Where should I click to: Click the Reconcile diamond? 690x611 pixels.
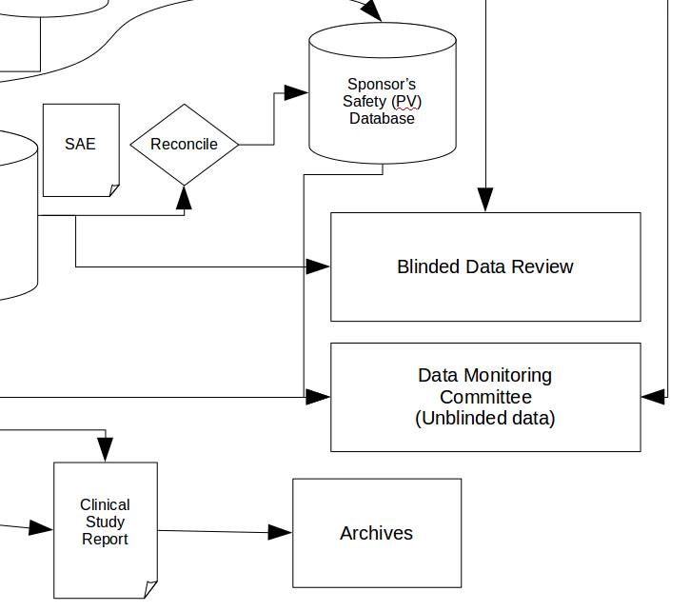click(184, 145)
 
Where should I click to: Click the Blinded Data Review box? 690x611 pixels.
click(484, 266)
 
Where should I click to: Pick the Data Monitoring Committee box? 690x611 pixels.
click(484, 397)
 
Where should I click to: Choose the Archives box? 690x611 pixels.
click(377, 533)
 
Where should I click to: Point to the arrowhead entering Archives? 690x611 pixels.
click(280, 532)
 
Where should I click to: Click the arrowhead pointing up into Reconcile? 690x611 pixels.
click(184, 197)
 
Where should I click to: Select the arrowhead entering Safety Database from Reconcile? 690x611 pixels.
click(297, 92)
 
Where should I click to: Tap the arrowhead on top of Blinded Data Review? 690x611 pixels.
click(485, 200)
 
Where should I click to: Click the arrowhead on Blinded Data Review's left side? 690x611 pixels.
click(318, 266)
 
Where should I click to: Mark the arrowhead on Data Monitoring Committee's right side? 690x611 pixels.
click(653, 396)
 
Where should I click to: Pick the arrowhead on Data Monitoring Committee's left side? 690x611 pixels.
click(318, 396)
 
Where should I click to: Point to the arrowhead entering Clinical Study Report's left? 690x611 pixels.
click(41, 528)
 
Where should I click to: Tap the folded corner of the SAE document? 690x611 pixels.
click(114, 190)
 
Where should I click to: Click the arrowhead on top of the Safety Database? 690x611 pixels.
click(372, 12)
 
